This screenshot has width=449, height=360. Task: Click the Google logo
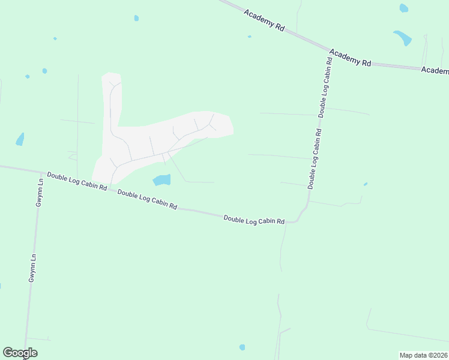[x=20, y=353]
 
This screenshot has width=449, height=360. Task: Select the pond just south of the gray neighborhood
[x=161, y=179]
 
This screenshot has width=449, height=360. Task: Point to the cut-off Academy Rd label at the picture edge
[x=435, y=70]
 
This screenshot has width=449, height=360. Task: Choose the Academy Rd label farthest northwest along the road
[x=264, y=20]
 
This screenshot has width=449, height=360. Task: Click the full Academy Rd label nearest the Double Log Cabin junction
[x=351, y=58]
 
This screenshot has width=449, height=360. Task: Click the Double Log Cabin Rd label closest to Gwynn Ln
[x=77, y=181]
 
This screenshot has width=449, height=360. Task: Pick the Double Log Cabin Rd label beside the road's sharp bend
[x=254, y=220]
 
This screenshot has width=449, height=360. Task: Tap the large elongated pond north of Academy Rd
[x=403, y=38]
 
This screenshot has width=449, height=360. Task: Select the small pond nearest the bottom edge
[x=242, y=347]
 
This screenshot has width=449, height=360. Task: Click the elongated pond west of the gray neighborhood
[x=20, y=140]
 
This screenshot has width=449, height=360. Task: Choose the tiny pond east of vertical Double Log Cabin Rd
[x=365, y=184]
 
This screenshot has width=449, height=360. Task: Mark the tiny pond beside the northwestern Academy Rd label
[x=250, y=37]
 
